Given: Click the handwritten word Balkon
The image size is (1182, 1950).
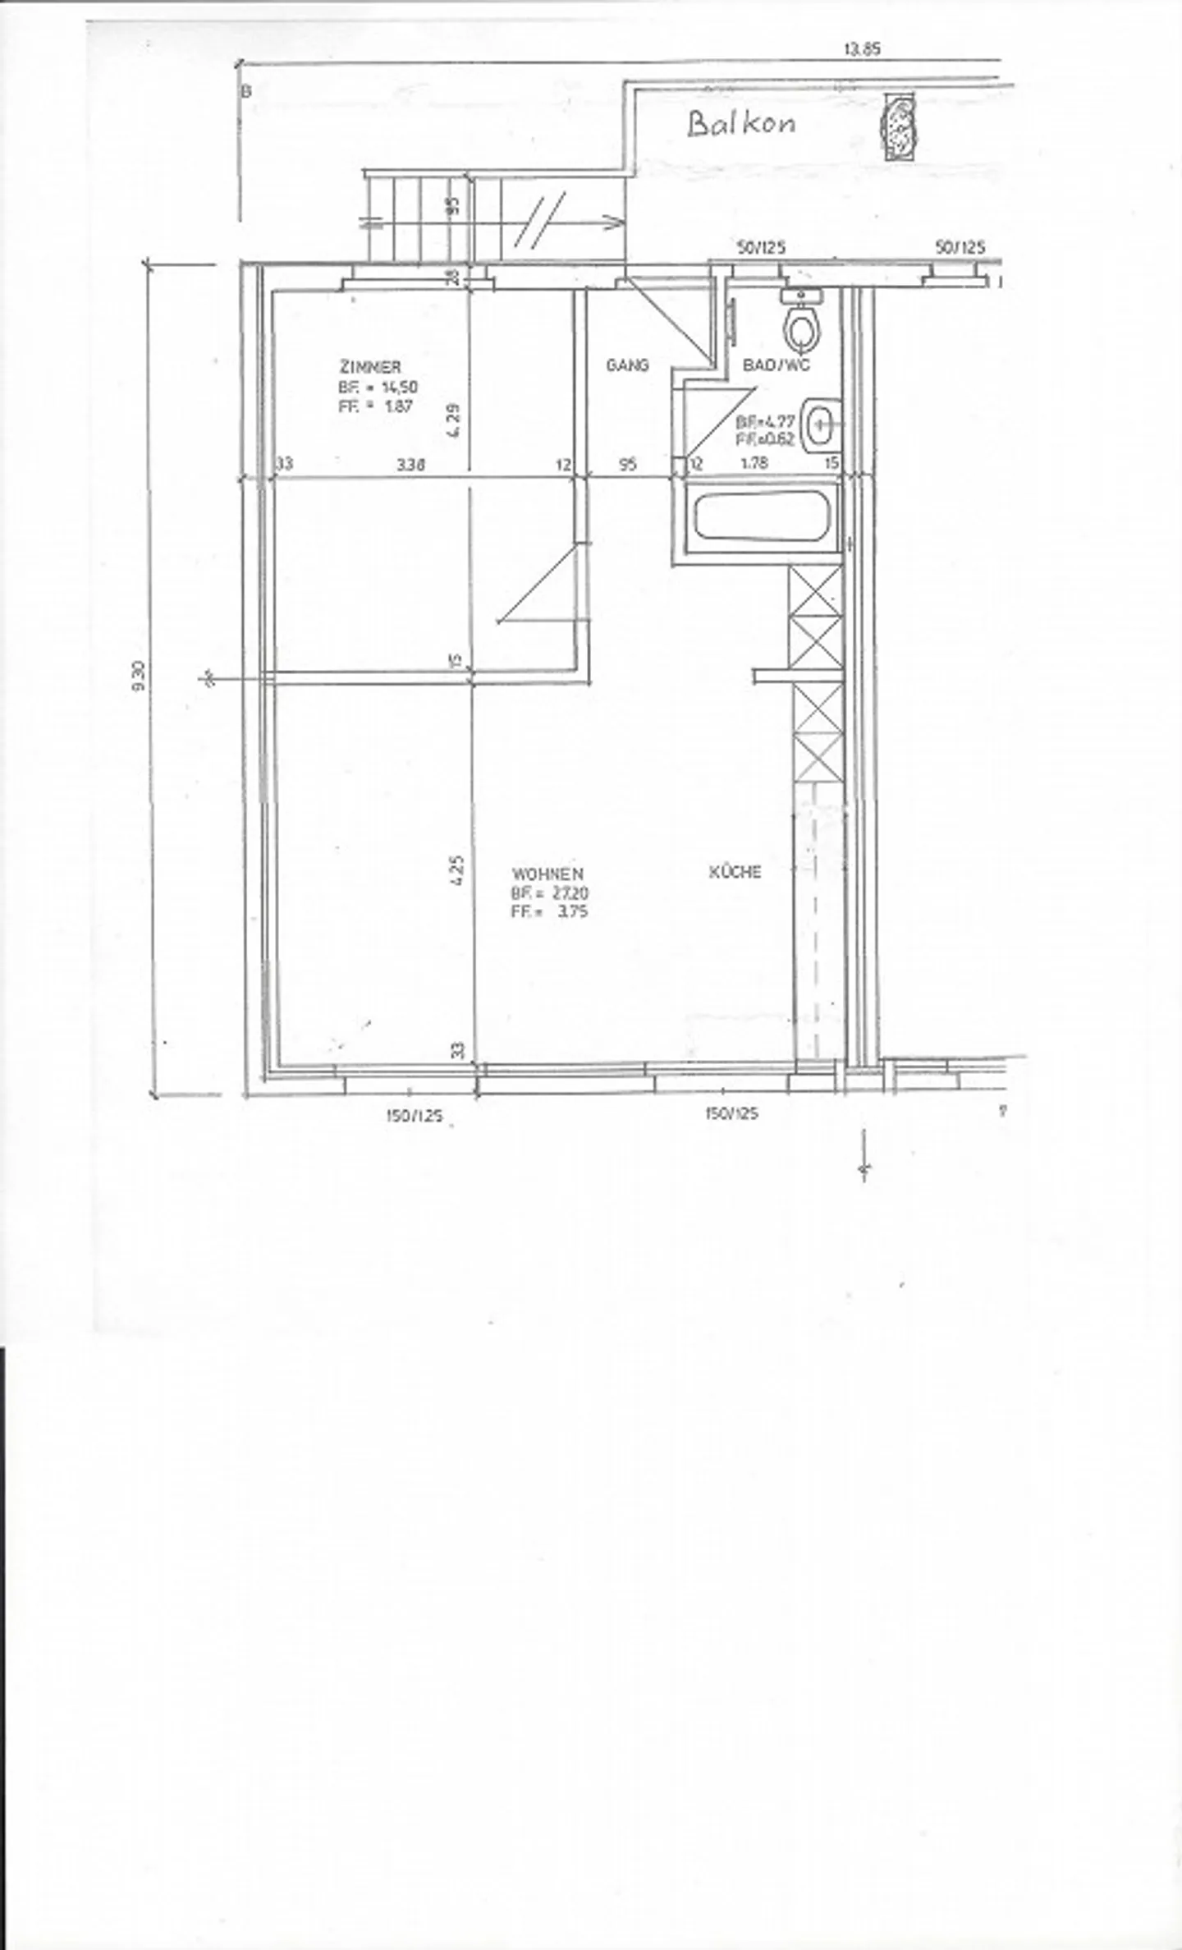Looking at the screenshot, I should coord(740,124).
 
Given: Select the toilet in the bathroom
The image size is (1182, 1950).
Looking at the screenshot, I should coord(801,327).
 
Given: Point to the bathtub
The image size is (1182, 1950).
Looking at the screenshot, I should coord(759,516).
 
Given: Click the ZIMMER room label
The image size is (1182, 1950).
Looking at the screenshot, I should coord(370,367).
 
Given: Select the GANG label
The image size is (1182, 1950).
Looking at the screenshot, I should coord(627,365).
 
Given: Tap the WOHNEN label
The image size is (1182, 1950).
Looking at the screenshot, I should coord(547,874).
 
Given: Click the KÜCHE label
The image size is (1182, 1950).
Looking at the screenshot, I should coord(735,872).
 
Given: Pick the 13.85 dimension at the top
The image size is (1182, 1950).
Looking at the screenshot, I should coord(862,49).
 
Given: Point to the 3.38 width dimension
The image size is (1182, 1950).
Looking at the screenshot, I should coord(410,465).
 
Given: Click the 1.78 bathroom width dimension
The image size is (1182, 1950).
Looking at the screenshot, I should coord(754,463).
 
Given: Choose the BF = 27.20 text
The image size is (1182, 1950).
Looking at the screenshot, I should coord(548,892).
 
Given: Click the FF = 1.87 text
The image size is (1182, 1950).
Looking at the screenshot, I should coord(375,406).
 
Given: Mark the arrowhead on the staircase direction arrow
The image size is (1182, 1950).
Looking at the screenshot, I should coord(612,222).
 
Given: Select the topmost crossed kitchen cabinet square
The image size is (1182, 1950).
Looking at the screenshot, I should coord(815,591).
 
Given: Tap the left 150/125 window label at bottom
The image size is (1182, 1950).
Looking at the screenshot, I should coord(414,1116).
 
